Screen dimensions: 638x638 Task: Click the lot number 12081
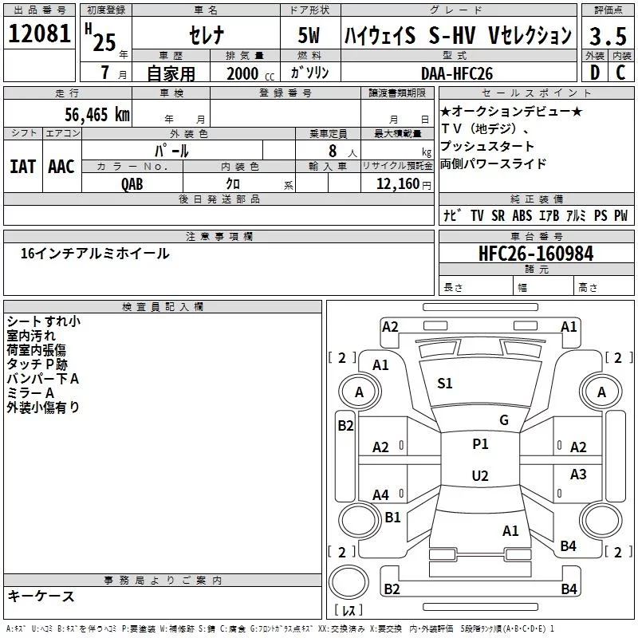(39, 35)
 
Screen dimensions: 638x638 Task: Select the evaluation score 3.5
(607, 36)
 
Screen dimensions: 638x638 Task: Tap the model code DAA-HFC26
(457, 73)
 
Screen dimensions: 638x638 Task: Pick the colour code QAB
(133, 183)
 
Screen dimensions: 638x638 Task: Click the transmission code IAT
(22, 166)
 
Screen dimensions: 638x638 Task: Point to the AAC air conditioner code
(61, 166)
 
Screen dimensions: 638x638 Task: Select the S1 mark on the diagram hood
(445, 384)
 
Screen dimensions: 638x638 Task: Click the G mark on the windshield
(503, 420)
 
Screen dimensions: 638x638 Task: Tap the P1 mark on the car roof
(480, 444)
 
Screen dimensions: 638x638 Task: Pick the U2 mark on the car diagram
(480, 476)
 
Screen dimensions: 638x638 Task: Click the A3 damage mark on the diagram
(578, 475)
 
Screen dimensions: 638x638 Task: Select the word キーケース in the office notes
(41, 596)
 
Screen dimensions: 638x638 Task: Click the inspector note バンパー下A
(43, 378)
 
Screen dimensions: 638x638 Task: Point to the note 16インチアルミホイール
(95, 254)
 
